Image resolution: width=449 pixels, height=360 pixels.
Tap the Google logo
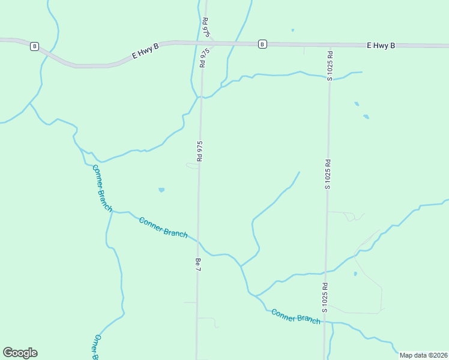20,353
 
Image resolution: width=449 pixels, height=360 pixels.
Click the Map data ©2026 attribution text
423,355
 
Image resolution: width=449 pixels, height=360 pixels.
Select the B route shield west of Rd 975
34,46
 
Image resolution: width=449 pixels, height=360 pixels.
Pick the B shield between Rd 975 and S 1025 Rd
262,44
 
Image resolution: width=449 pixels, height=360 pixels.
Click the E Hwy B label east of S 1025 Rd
381,45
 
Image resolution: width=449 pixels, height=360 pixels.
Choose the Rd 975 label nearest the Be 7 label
200,151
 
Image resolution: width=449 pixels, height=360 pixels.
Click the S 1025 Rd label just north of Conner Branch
325,298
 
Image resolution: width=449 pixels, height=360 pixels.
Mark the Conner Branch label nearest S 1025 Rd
295,316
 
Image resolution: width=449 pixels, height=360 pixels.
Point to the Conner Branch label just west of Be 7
163,227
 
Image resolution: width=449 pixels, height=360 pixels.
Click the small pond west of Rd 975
161,190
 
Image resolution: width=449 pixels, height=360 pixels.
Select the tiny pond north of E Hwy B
293,30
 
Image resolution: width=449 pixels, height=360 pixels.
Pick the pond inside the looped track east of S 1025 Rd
355,274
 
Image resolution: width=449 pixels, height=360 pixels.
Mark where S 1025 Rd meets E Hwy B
330,45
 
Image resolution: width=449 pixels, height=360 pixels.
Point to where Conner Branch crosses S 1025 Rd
325,323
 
